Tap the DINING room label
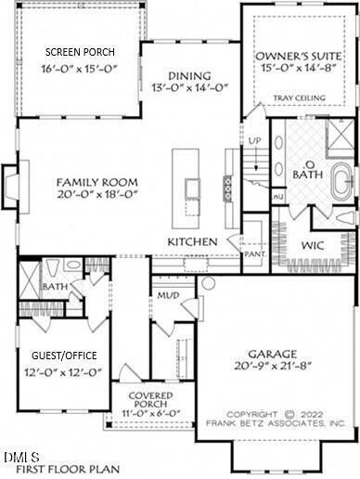tap(189, 75)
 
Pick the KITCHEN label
tap(192, 241)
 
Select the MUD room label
tap(167, 295)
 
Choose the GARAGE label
tap(272, 354)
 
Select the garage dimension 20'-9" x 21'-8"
tap(272, 369)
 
